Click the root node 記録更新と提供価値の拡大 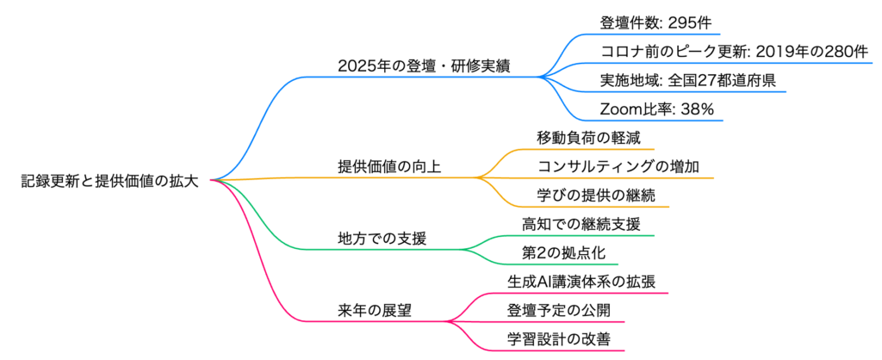tap(110, 181)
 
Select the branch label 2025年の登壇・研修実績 tap(424, 66)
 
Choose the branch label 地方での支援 tap(381, 238)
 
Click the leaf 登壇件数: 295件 tap(656, 23)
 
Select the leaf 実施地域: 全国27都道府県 tap(693, 81)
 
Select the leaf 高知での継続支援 tap(581, 224)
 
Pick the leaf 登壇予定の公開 tap(561, 310)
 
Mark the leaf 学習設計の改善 tap(561, 338)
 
